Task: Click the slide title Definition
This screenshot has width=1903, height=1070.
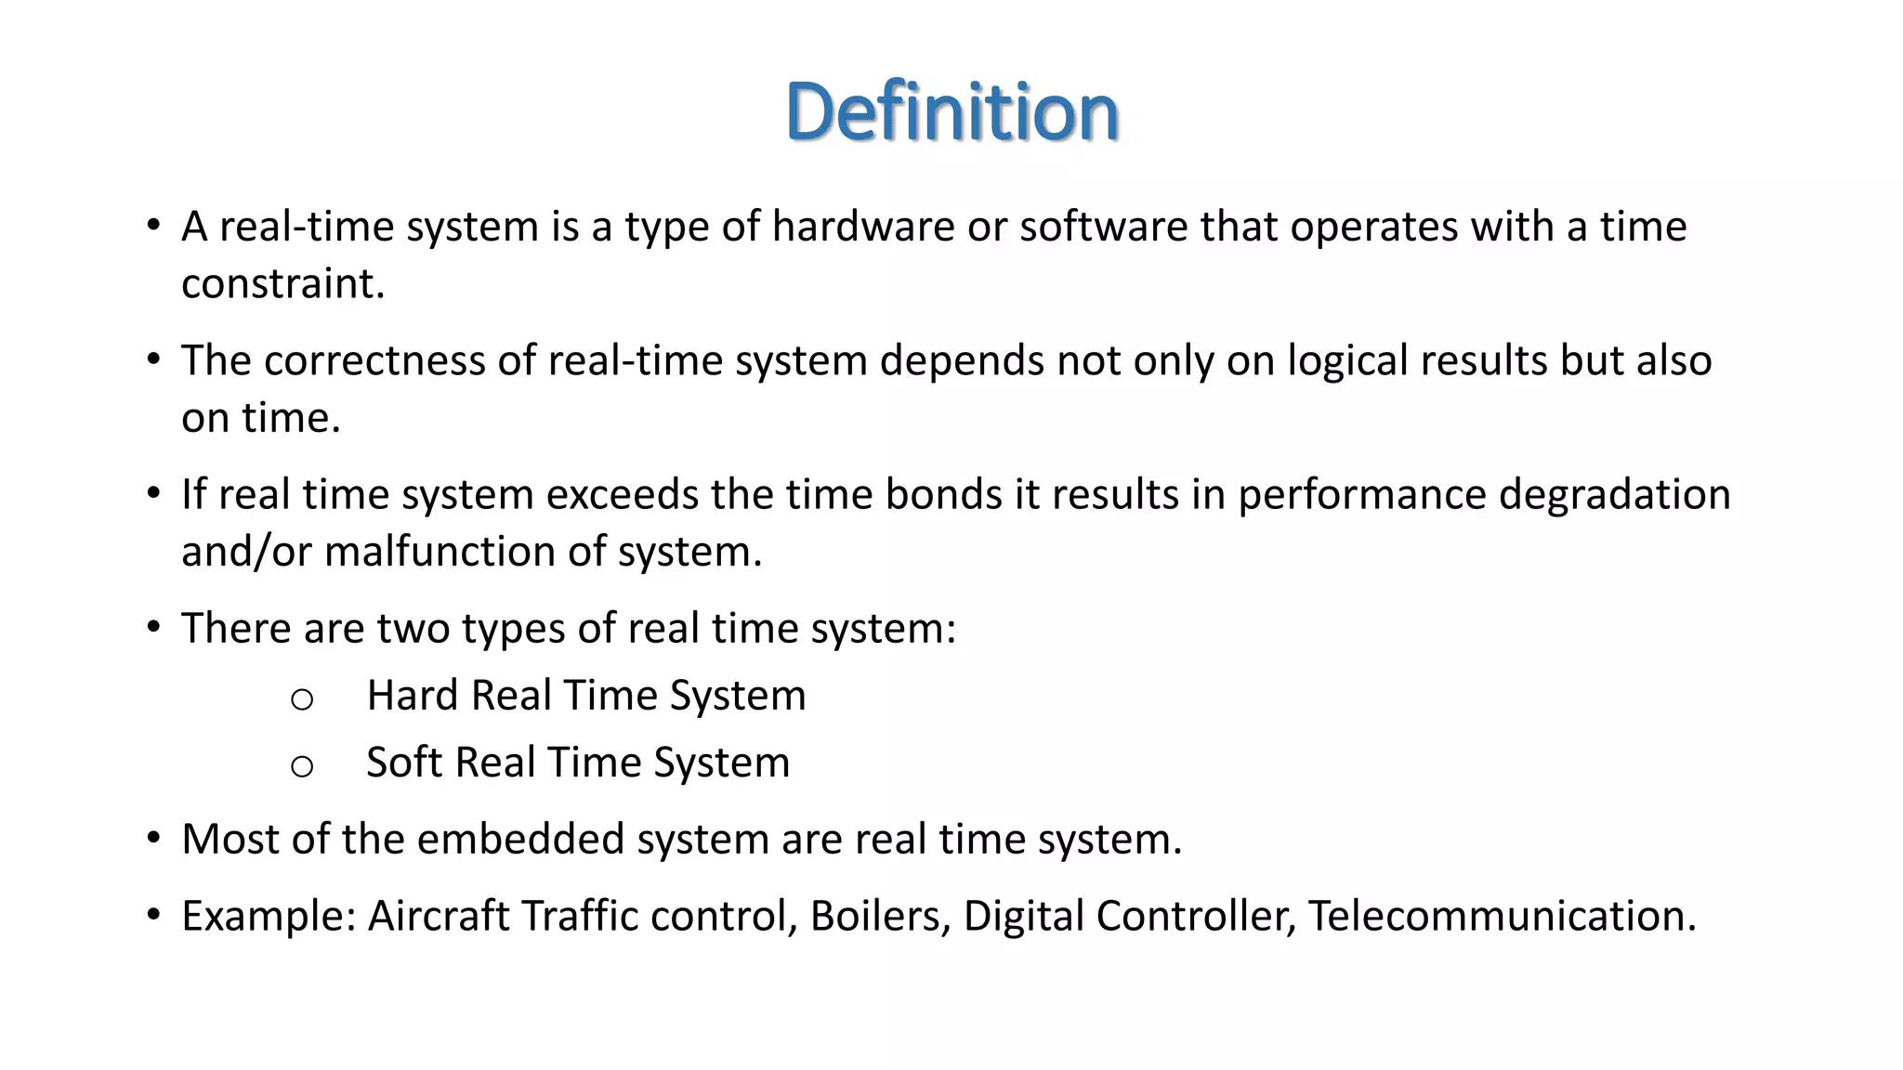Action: [x=951, y=111]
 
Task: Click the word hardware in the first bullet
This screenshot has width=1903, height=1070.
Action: [x=862, y=227]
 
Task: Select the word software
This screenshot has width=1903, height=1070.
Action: [x=1103, y=227]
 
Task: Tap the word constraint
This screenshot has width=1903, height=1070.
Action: [x=282, y=284]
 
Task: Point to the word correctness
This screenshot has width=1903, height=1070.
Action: [x=374, y=360]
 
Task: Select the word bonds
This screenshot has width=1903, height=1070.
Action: [x=943, y=494]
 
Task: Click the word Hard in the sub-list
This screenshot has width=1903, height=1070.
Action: [x=413, y=696]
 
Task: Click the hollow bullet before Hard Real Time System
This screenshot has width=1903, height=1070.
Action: [x=301, y=699]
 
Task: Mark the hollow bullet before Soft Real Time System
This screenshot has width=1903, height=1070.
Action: [x=301, y=766]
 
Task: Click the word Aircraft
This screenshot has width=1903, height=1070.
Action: [x=439, y=916]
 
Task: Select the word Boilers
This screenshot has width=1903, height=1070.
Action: [x=879, y=916]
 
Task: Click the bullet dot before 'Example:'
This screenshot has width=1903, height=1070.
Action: [x=153, y=916]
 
